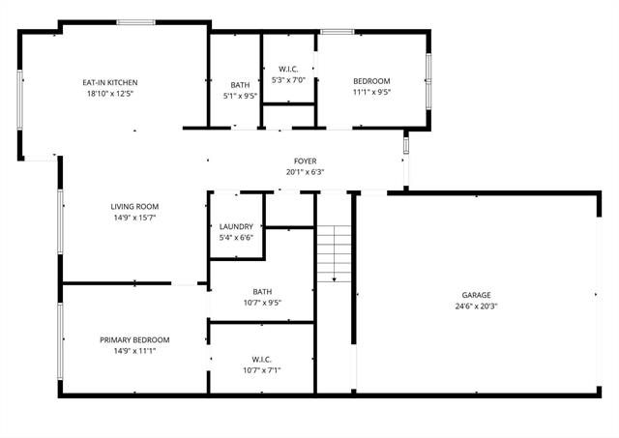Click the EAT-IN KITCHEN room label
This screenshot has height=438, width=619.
[108, 82]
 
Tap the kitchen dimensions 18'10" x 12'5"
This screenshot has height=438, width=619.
[108, 94]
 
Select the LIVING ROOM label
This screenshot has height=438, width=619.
[133, 206]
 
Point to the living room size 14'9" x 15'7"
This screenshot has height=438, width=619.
[133, 218]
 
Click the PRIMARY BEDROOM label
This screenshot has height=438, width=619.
[134, 339]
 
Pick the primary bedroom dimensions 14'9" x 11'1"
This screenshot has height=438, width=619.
[134, 351]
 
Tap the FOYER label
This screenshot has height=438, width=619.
[305, 161]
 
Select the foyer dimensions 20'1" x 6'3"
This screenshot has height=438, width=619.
[305, 172]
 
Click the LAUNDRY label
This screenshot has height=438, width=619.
[236, 226]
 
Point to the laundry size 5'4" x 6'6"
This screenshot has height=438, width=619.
[236, 237]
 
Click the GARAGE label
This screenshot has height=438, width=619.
[476, 295]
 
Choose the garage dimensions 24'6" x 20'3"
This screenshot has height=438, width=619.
[476, 307]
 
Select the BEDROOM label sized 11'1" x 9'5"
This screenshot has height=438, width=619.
[371, 81]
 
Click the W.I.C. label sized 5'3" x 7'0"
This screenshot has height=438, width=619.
[288, 68]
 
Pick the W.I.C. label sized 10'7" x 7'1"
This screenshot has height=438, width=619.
[262, 359]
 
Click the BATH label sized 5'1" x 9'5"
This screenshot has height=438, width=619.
[240, 84]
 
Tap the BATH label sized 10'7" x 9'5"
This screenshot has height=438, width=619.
[262, 291]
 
